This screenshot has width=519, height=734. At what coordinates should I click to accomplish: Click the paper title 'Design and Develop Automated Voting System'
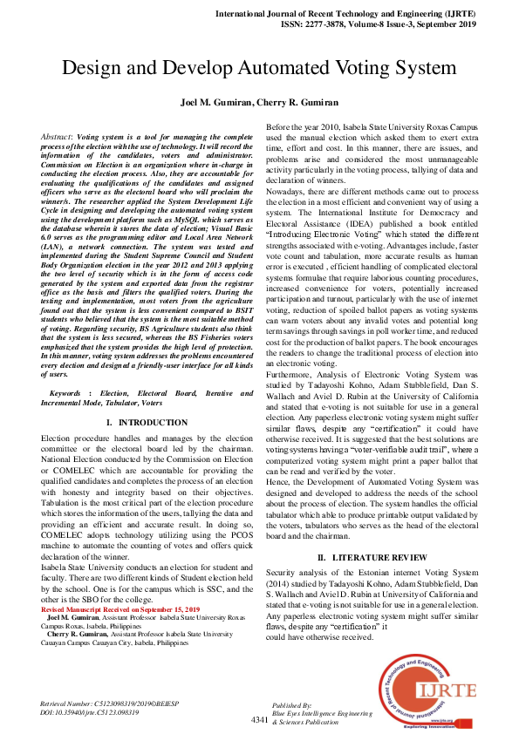(259, 68)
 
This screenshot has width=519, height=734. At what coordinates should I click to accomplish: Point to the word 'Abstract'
(57, 138)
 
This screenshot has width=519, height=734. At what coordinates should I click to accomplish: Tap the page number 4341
(259, 719)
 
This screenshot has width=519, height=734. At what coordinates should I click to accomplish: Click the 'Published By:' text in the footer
(293, 703)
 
